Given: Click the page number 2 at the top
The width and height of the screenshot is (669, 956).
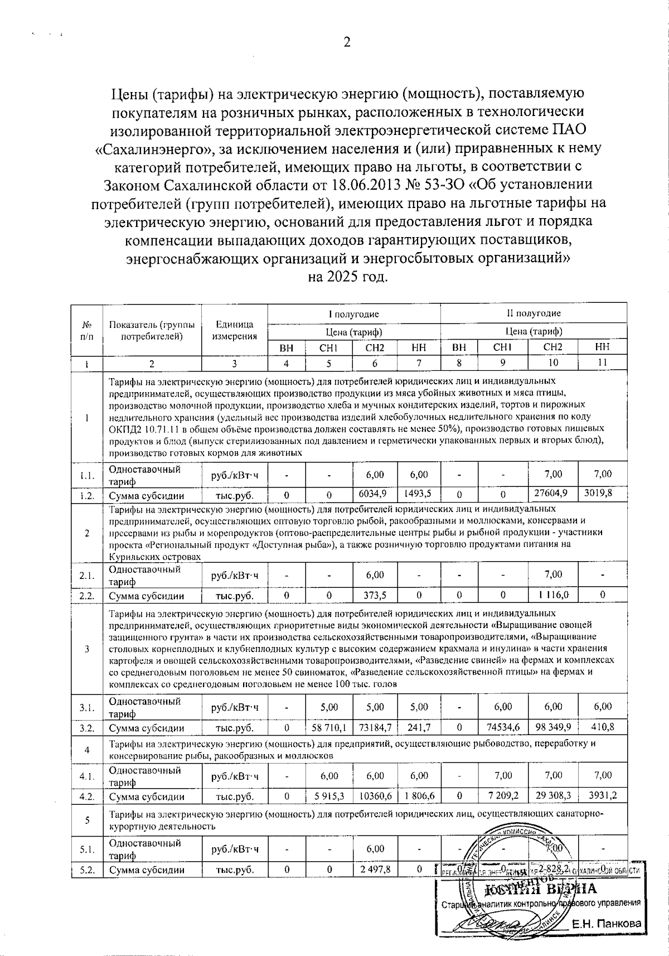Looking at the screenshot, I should pos(346,43).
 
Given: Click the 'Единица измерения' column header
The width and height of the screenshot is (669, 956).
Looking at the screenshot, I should pos(235,330).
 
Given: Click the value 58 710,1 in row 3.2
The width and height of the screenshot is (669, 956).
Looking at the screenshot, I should pos(329,728).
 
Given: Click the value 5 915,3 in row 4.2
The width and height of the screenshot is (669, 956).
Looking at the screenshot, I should pos(329,796).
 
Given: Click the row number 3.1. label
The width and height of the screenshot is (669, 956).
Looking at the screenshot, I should pos(87,707).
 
